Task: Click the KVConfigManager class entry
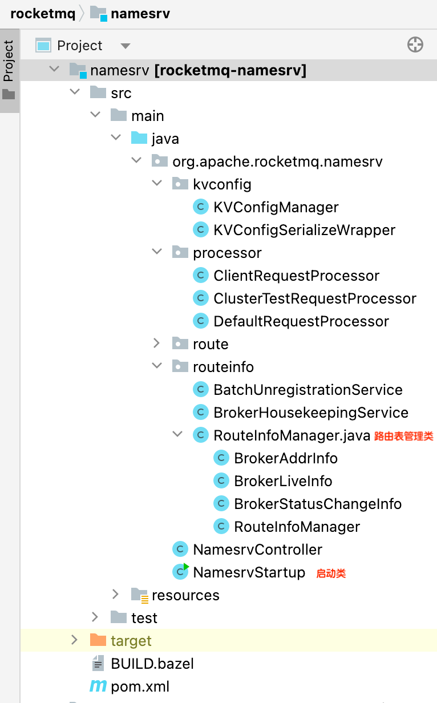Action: (x=276, y=207)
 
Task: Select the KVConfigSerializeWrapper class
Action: (x=304, y=230)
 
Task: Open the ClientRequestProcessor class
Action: (x=296, y=276)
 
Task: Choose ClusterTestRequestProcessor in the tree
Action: (x=314, y=298)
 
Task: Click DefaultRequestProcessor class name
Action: (x=301, y=321)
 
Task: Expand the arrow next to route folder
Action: (x=157, y=344)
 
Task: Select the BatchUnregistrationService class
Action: (x=307, y=390)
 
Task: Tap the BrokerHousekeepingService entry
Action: (x=310, y=413)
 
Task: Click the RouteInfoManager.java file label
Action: (x=292, y=435)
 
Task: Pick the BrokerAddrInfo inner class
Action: (x=285, y=458)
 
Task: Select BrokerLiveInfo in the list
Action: (x=283, y=481)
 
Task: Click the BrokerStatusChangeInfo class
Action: (x=317, y=504)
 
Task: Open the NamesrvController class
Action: (x=257, y=550)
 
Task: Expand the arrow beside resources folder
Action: (x=116, y=595)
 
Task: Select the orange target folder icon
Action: (x=98, y=640)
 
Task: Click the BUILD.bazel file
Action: (x=152, y=664)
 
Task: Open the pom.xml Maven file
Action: (x=140, y=686)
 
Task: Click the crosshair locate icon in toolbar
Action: (x=415, y=45)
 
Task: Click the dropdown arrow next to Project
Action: (x=126, y=46)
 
